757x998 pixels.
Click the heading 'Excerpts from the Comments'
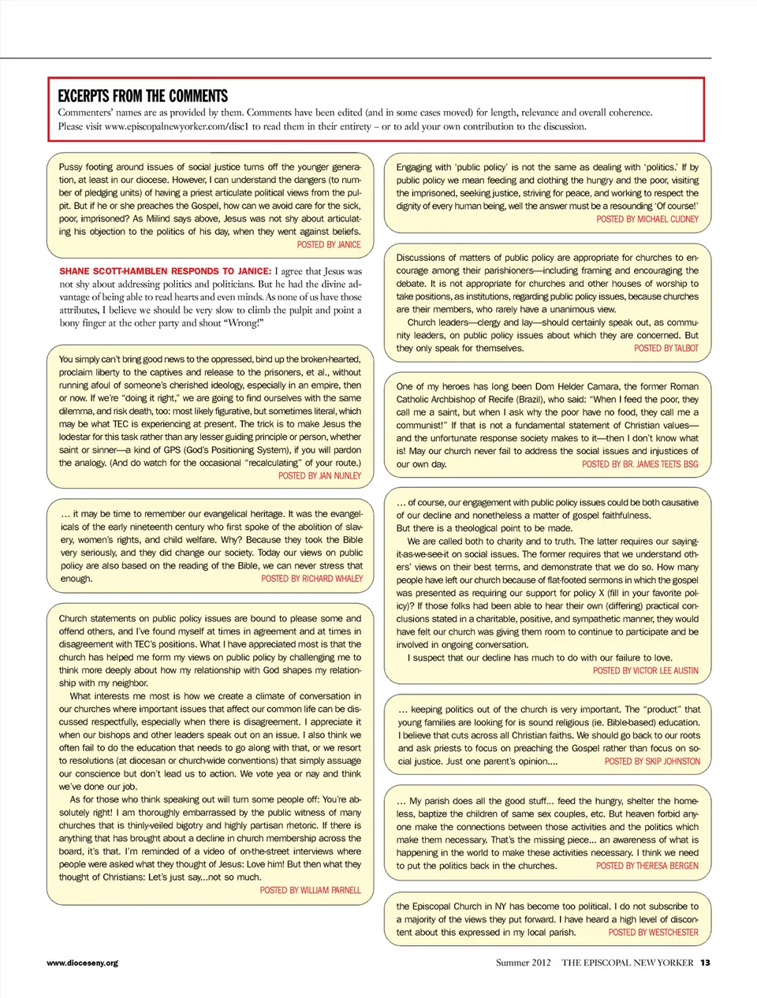(x=143, y=96)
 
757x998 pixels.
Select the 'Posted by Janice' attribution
(x=329, y=245)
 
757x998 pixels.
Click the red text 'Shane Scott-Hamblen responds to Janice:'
(x=165, y=271)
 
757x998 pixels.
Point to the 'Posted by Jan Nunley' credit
(x=319, y=476)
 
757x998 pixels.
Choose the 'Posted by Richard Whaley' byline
(x=312, y=579)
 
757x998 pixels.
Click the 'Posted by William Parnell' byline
(x=310, y=890)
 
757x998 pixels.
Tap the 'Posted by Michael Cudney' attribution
(x=647, y=219)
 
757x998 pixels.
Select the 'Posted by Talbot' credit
(x=666, y=348)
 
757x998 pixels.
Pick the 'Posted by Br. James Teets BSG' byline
(x=640, y=464)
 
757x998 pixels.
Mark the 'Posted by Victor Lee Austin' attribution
(x=646, y=671)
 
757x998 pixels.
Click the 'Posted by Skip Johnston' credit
(x=652, y=762)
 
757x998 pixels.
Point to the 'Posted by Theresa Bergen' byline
(x=647, y=866)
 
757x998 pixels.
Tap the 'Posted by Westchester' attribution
(x=653, y=933)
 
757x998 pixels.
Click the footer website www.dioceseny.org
(x=83, y=963)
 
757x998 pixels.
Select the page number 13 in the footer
(x=705, y=963)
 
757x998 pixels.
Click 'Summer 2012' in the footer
(x=524, y=963)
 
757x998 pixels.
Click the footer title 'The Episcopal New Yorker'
(x=627, y=963)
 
